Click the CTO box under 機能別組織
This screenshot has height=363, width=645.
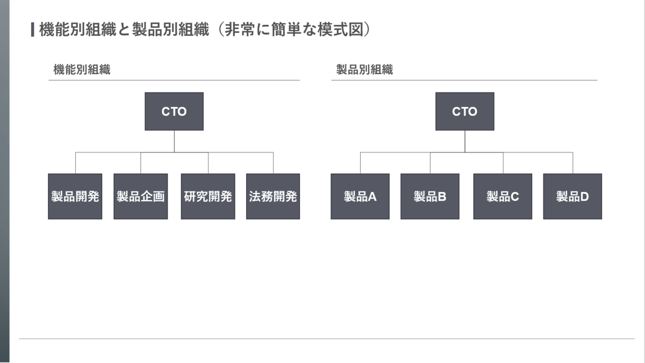pyautogui.click(x=174, y=111)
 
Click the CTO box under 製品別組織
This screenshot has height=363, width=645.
pyautogui.click(x=465, y=111)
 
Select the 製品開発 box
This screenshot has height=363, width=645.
pyautogui.click(x=75, y=196)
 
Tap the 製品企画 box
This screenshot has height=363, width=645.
pyautogui.click(x=140, y=196)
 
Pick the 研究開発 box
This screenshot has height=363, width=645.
pyautogui.click(x=208, y=196)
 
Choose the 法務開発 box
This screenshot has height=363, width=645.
pyautogui.click(x=273, y=196)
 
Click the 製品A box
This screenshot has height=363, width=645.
pyautogui.click(x=360, y=196)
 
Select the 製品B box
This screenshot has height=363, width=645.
pyautogui.click(x=430, y=196)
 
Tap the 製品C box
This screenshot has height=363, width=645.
pyautogui.click(x=503, y=196)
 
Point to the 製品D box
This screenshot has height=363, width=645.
pyautogui.click(x=572, y=196)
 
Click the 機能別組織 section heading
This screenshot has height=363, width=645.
pyautogui.click(x=82, y=70)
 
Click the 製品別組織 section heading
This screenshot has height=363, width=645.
pyautogui.click(x=364, y=70)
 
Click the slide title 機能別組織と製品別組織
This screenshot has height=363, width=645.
pyautogui.click(x=124, y=30)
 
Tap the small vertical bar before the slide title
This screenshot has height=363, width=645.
pyautogui.click(x=33, y=30)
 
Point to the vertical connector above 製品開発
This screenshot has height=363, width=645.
pyautogui.click(x=75, y=163)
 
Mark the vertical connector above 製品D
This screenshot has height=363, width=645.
pyautogui.click(x=573, y=163)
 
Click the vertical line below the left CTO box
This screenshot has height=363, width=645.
pyautogui.click(x=174, y=141)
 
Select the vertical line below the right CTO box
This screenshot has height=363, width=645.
pyautogui.click(x=465, y=141)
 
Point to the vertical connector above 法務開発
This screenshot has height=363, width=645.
pyautogui.click(x=273, y=163)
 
